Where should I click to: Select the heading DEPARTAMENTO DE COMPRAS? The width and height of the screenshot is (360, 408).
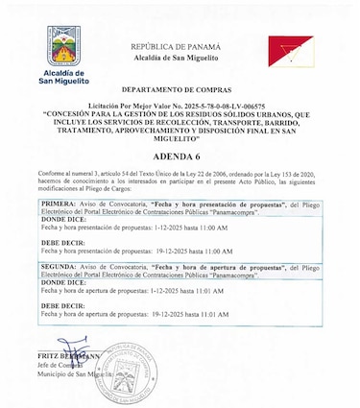pyautogui.click(x=180, y=86)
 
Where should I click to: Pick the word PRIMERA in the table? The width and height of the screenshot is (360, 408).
pyautogui.click(x=60, y=205)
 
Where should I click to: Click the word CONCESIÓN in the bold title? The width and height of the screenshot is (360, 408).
pyautogui.click(x=70, y=111)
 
